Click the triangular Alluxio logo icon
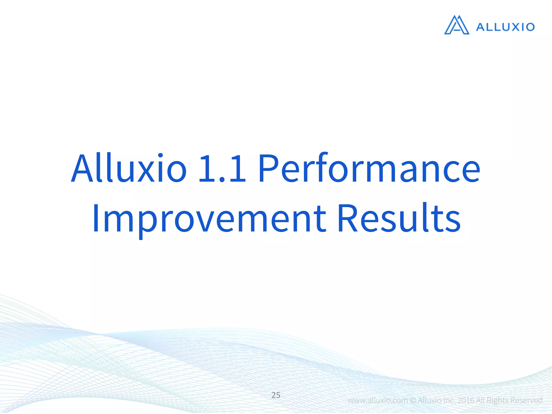(x=457, y=25)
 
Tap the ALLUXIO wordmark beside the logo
(x=505, y=27)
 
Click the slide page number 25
(x=276, y=395)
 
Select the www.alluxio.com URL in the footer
(x=378, y=401)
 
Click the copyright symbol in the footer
(x=413, y=401)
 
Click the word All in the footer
(x=481, y=401)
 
